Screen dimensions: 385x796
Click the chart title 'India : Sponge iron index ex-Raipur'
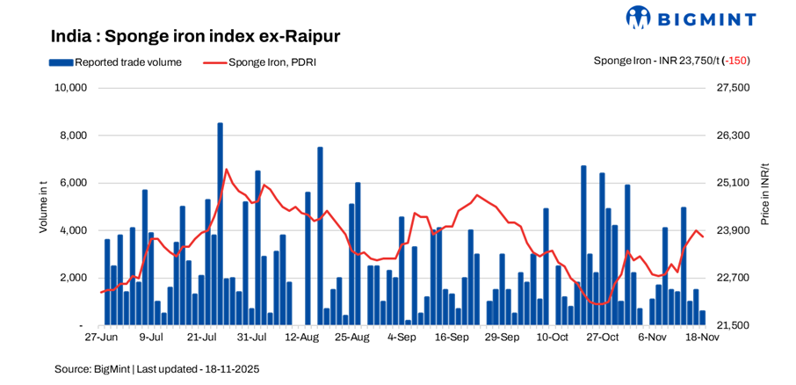(x=195, y=36)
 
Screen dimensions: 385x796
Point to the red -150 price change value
(x=735, y=61)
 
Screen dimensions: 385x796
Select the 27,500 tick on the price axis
(x=734, y=88)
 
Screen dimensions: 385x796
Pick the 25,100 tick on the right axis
(x=734, y=183)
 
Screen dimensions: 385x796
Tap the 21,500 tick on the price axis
(x=734, y=325)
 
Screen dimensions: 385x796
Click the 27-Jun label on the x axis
(x=101, y=337)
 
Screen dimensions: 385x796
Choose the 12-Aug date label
(x=301, y=337)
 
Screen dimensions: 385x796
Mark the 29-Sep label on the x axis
(x=503, y=337)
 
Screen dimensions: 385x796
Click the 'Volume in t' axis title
(x=43, y=206)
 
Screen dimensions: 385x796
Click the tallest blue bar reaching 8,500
(x=220, y=224)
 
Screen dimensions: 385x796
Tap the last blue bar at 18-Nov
(x=702, y=318)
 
